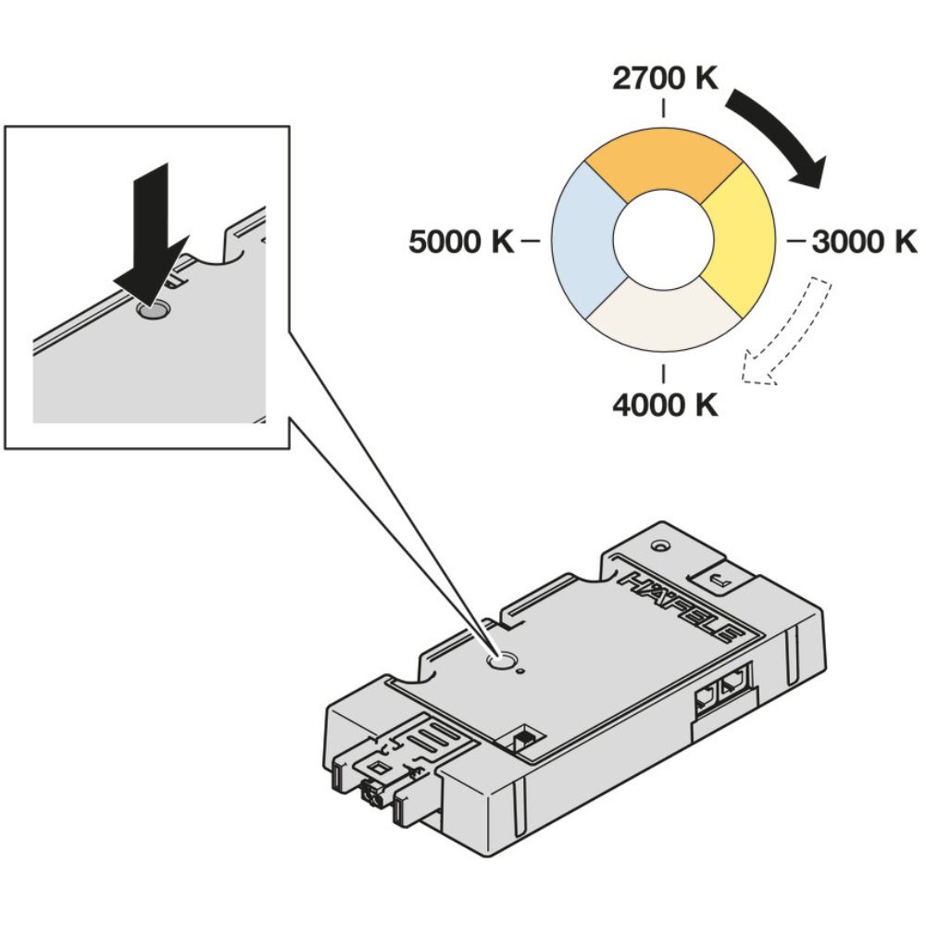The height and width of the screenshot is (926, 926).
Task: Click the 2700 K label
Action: click(665, 81)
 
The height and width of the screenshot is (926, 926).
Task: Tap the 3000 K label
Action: click(863, 242)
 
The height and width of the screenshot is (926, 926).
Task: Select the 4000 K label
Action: click(665, 405)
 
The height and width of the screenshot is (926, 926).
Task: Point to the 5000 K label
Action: click(461, 243)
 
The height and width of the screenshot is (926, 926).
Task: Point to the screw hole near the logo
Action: click(658, 547)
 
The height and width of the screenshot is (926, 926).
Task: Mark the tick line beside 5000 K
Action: click(531, 242)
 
